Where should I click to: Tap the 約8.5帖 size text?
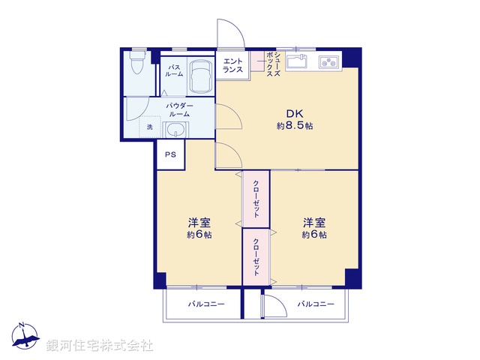(x=294, y=126)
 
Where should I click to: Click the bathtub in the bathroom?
(x=200, y=76)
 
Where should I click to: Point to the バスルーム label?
(x=174, y=71)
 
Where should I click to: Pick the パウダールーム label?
(x=180, y=109)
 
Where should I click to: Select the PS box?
(x=170, y=155)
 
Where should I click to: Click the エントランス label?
(x=233, y=65)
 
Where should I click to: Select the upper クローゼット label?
(x=256, y=199)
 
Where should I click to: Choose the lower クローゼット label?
(x=256, y=256)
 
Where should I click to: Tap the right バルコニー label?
(x=315, y=304)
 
